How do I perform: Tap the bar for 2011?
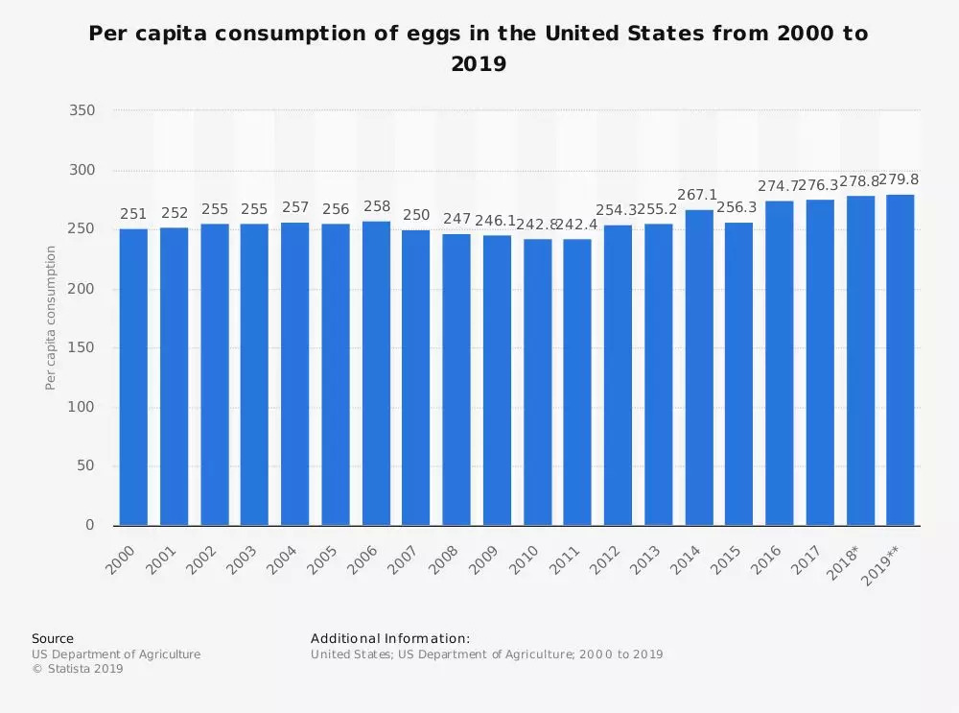click(577, 382)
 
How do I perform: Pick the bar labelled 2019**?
click(900, 360)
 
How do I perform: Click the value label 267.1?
click(697, 195)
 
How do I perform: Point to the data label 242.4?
click(577, 225)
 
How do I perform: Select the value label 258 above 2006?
click(376, 206)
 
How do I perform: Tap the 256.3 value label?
click(738, 207)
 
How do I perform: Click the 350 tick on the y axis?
click(82, 111)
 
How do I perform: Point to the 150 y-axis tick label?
click(82, 348)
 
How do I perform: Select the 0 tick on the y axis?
click(90, 526)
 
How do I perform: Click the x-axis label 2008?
click(444, 559)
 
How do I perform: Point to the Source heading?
click(52, 638)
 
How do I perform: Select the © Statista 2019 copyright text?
click(78, 670)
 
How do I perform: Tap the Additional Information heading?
click(390, 638)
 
